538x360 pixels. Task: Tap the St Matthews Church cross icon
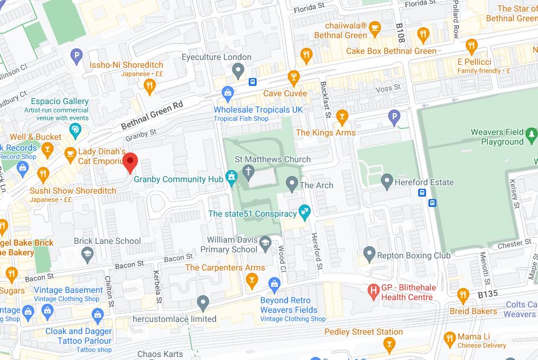tap(248, 172)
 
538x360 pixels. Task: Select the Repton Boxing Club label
tap(413, 255)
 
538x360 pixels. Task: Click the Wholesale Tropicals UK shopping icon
tap(228, 93)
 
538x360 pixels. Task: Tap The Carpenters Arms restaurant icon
tap(252, 280)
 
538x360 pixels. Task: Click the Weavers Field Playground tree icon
tap(532, 133)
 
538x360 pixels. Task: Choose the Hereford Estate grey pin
tap(387, 181)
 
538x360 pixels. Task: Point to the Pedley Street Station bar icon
tap(389, 345)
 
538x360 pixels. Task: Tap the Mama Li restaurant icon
tap(449, 338)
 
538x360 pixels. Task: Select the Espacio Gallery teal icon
tap(75, 129)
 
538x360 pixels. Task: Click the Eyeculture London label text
tap(217, 57)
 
